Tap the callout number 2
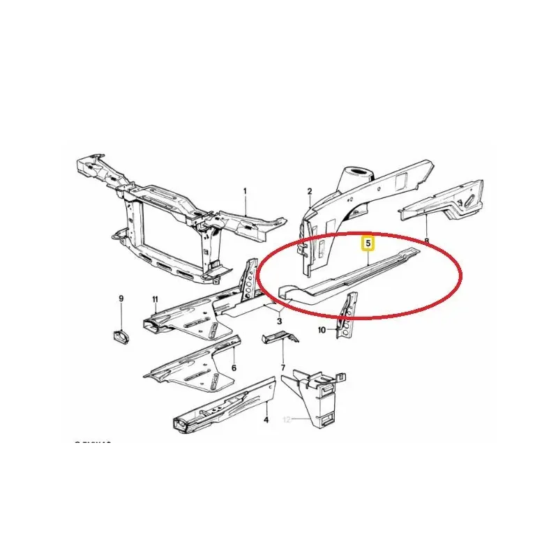click(310, 190)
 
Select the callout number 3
click(279, 321)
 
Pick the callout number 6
click(234, 368)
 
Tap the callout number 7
click(282, 368)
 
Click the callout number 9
click(120, 299)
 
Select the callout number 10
click(322, 330)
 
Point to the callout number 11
click(156, 299)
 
